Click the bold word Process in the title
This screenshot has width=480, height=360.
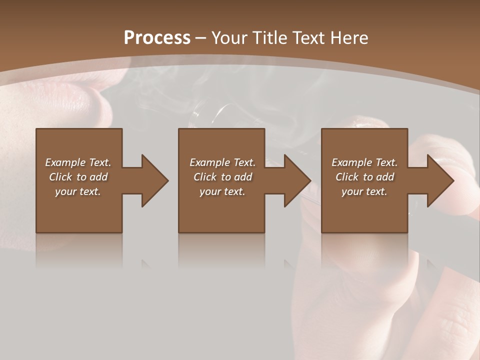pos(157,38)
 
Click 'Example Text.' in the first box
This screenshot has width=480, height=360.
pos(78,162)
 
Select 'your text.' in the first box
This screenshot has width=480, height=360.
pos(78,191)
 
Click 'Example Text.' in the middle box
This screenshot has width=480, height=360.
pos(222,162)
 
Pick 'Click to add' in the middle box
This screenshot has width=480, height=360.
pos(222,177)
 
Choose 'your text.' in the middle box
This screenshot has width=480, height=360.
pos(222,191)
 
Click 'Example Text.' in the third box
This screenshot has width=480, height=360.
pos(364,162)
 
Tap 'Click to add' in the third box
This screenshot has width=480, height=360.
pos(364,177)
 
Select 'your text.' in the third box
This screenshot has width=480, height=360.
pos(364,191)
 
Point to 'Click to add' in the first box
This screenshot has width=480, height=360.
pos(78,177)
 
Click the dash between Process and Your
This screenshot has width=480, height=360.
pos(201,38)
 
